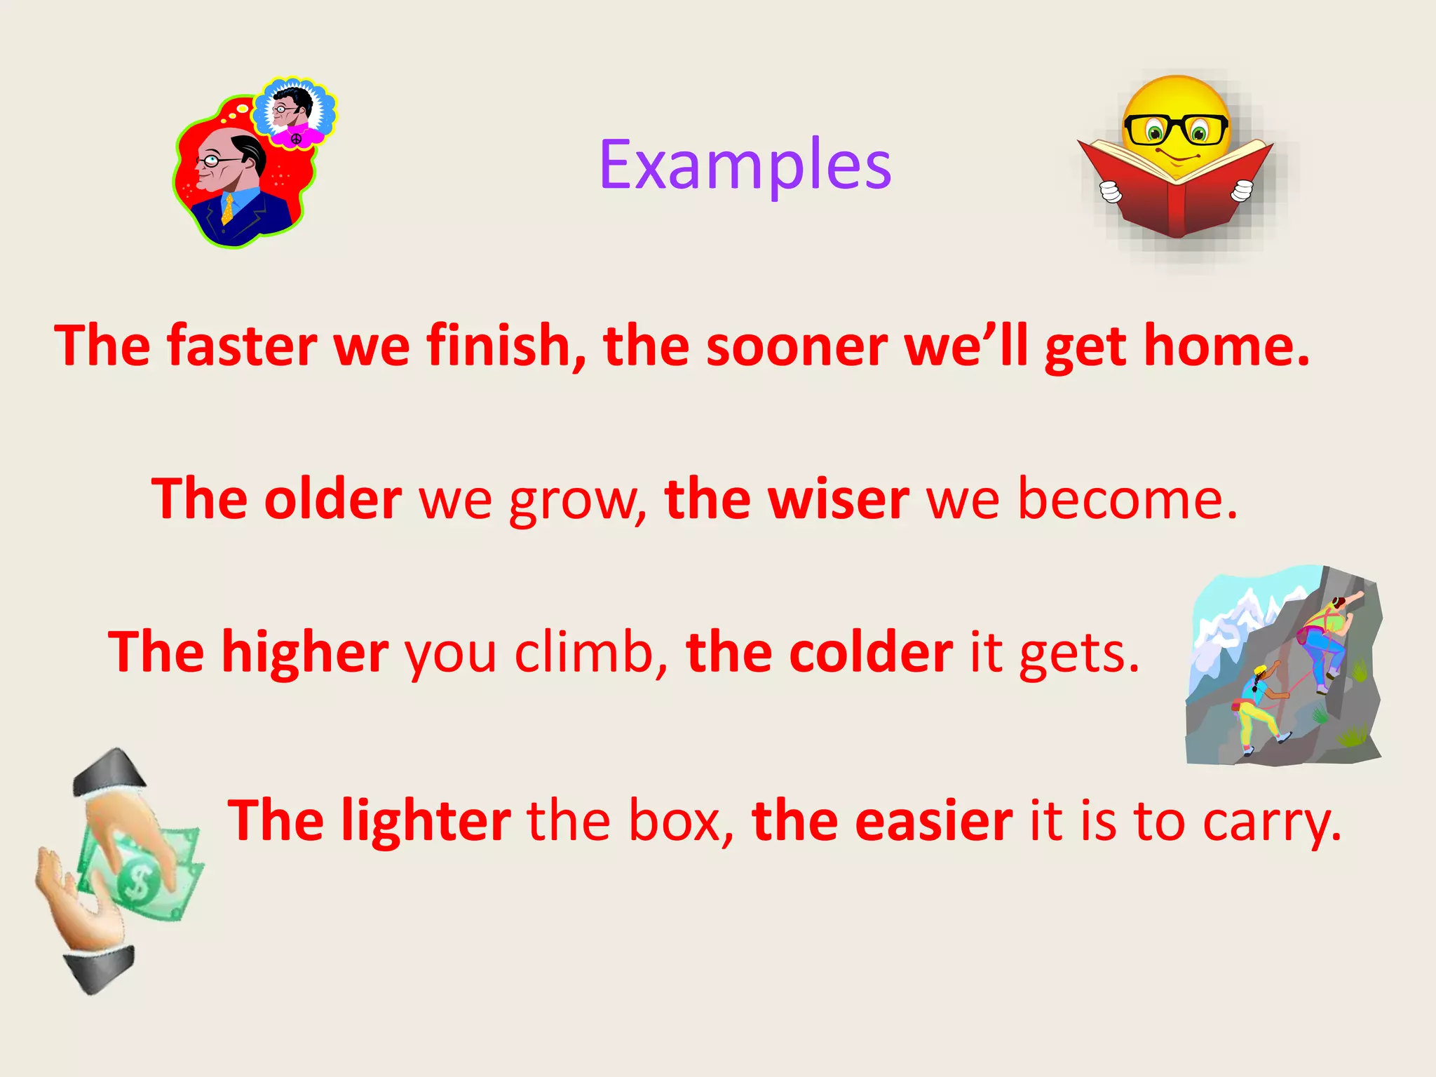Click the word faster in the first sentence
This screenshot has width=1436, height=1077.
tap(242, 346)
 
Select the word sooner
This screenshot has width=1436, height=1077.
tap(797, 347)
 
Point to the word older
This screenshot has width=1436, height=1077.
tap(333, 499)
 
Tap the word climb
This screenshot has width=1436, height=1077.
tap(583, 652)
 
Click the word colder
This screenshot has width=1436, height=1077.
tap(871, 652)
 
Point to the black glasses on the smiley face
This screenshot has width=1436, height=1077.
tap(1176, 130)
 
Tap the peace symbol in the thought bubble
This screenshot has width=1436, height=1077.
tap(296, 139)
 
